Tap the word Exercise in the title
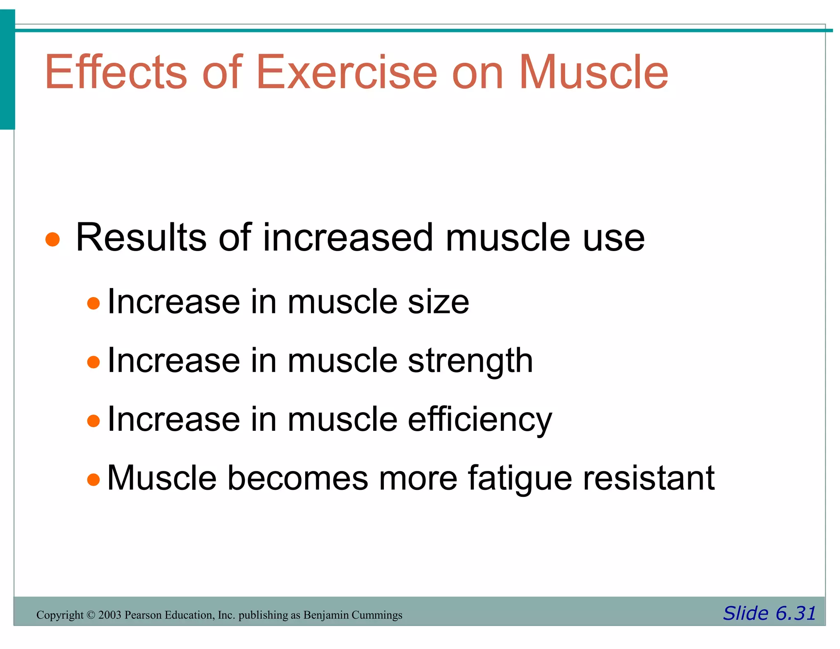point(347,72)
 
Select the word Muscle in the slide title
point(593,72)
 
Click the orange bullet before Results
point(52,239)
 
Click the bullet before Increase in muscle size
point(94,304)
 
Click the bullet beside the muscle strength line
point(94,362)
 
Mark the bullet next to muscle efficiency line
point(94,421)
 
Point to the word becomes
point(298,478)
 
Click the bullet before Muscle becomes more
point(94,480)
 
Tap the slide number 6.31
point(795,613)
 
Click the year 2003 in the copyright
point(110,615)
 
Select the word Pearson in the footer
point(141,615)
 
